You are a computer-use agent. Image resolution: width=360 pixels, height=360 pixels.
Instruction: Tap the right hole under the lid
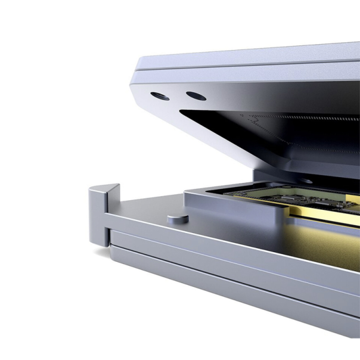tap(195, 96)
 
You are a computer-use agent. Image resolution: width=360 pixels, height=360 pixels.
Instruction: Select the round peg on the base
tap(176, 218)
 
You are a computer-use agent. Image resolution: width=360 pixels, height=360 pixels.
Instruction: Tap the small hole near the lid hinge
tap(305, 180)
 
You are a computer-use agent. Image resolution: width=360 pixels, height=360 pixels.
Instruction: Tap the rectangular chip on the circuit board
tap(287, 197)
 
